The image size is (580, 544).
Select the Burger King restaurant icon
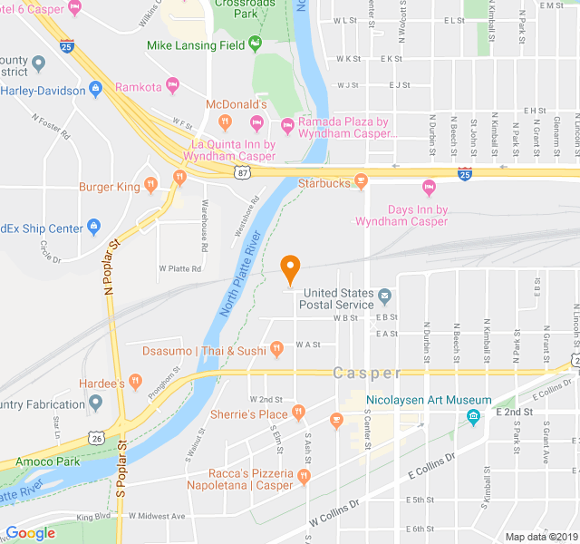pos(150,187)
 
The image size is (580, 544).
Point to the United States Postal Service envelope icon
pos(384,295)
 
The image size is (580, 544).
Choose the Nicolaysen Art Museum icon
pos(473,417)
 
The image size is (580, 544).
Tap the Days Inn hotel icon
pos(430,189)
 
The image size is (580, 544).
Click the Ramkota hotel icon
pos(172,87)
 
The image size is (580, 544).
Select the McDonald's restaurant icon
pos(226,122)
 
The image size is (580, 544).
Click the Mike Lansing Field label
pos(196,45)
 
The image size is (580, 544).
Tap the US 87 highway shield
pos(240,171)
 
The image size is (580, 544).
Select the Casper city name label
pos(366,374)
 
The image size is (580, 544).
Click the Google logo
pos(30,533)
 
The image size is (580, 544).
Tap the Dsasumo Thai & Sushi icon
pos(277,350)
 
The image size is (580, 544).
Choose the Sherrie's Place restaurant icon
pos(297,414)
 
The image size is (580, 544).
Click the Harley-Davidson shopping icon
pos(94,90)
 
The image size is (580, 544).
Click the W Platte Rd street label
pos(179,268)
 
